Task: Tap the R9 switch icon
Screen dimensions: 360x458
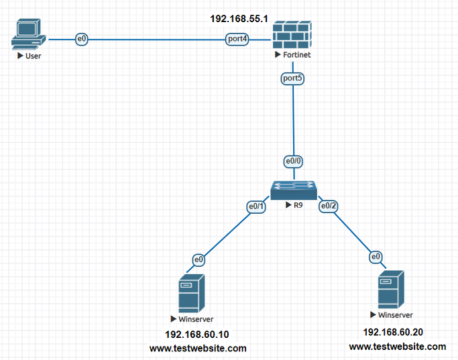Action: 293,190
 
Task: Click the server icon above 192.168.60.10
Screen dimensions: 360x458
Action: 191,293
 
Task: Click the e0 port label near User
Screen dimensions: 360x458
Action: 82,40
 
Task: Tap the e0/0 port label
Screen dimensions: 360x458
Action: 293,162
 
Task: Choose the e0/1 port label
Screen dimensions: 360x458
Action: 257,207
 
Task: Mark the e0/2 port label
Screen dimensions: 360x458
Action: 328,206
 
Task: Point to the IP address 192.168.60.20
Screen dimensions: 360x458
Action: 393,332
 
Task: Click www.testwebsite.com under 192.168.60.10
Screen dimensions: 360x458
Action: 198,349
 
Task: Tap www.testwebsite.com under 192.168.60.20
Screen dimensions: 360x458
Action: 397,347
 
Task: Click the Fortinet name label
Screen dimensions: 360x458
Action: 296,54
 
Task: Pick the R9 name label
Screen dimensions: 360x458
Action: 297,206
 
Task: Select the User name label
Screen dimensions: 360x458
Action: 33,56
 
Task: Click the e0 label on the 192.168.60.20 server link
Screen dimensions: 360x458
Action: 376,256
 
